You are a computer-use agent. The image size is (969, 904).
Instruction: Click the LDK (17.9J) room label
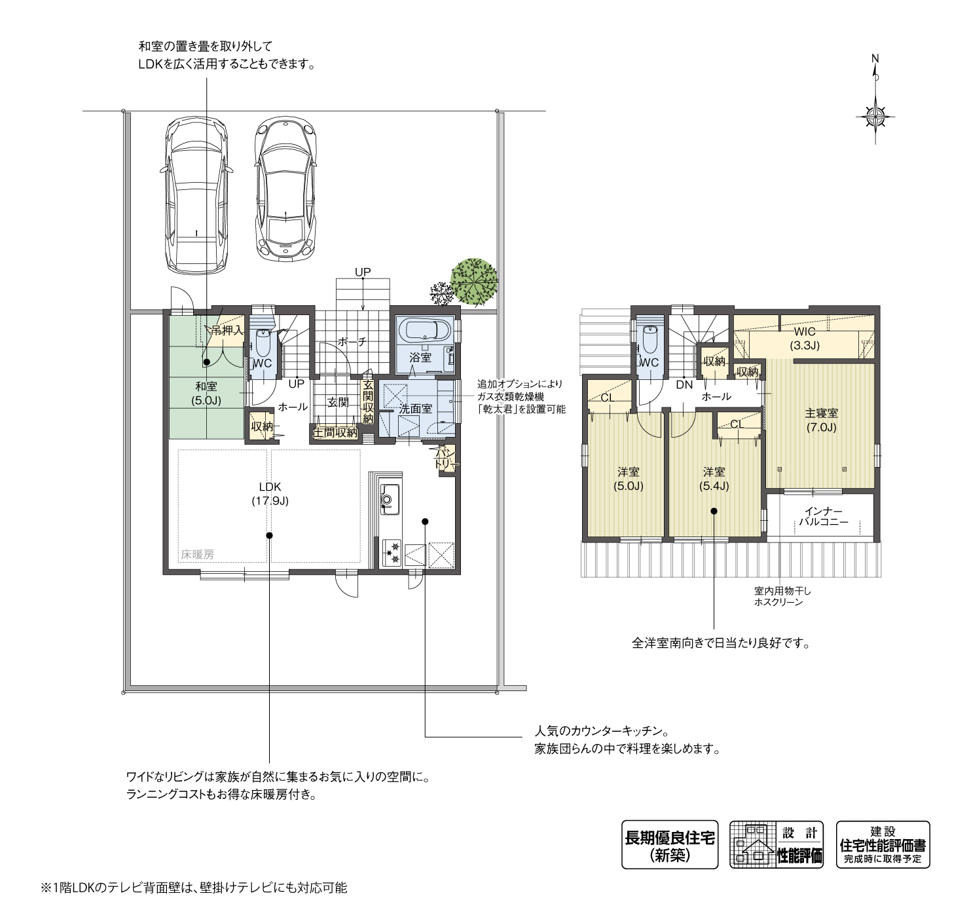point(270,493)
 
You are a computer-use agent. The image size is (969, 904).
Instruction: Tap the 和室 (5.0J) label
point(206,393)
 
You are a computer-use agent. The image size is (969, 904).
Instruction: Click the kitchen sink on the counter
point(387,500)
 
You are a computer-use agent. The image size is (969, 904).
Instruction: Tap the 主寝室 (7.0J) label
point(821,420)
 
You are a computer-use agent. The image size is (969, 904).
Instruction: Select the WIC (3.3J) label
point(805,338)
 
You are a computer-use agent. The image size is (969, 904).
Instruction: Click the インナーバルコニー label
point(823,516)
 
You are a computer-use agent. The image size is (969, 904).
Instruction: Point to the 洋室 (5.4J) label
point(714,479)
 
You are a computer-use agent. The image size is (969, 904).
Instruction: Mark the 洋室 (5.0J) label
point(629,479)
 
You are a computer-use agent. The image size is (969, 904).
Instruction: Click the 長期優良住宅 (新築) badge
point(670,844)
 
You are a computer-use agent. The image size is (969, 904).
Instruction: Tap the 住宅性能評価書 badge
point(883,844)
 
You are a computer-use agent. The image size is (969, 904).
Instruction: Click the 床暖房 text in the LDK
point(197,554)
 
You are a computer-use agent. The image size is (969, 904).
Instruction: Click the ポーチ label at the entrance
point(352,341)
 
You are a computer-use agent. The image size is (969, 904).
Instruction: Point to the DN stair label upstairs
point(684,385)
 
